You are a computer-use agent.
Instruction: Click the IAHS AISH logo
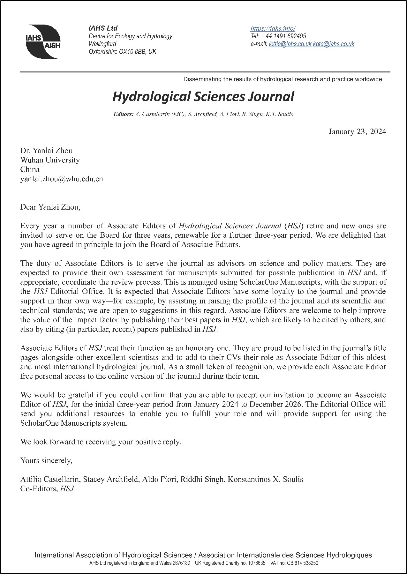(x=42, y=41)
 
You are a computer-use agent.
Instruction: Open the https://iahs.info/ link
(x=273, y=28)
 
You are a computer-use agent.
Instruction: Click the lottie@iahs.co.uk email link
(x=290, y=44)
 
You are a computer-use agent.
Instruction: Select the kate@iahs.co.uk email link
(x=334, y=44)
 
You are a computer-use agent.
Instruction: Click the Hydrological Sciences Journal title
(x=203, y=96)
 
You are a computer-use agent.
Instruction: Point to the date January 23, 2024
(x=357, y=131)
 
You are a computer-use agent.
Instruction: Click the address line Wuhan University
(x=50, y=160)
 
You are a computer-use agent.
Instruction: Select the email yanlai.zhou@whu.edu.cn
(x=62, y=179)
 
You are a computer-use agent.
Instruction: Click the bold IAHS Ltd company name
(x=103, y=28)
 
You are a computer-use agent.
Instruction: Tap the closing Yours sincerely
(x=46, y=460)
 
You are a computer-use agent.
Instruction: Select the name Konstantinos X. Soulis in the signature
(x=265, y=479)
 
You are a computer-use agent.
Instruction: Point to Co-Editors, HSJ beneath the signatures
(x=47, y=488)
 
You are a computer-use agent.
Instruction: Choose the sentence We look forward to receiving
(x=101, y=442)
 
